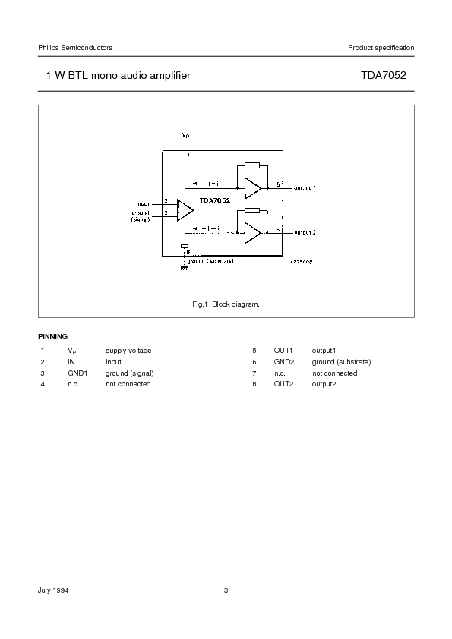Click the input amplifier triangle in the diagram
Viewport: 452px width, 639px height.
185,209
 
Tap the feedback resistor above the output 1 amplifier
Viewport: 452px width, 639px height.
252,165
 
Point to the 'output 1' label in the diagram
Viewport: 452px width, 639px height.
305,187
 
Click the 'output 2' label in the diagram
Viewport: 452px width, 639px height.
305,231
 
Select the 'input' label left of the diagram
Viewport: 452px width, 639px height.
142,203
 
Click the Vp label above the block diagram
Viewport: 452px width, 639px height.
185,134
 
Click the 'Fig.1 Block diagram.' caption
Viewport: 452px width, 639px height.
226,304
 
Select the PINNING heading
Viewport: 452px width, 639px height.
53,336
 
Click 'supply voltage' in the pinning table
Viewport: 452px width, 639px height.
128,351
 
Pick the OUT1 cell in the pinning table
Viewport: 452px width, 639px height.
283,351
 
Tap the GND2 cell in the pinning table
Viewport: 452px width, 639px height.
283,362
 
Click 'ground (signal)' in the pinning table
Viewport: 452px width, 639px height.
130,373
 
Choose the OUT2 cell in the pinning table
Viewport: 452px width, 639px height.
283,384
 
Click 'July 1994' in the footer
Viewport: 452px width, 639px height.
55,590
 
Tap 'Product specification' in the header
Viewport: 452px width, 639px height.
381,48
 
